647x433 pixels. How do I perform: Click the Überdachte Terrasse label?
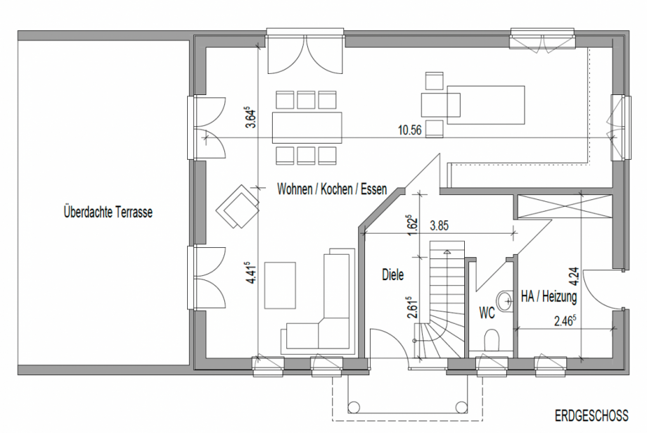tap(108, 212)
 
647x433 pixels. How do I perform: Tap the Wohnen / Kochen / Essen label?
tap(332, 189)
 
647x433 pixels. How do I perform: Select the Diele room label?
tap(392, 275)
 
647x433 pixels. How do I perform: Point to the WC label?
tap(487, 313)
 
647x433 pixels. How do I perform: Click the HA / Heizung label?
tap(549, 296)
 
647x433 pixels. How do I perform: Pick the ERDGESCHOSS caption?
tap(591, 415)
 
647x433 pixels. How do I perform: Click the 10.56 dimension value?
tap(410, 130)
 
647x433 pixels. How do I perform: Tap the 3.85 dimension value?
tap(439, 226)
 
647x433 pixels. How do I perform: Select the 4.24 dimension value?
tap(574, 277)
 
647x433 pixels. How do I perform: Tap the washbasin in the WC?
tap(504, 301)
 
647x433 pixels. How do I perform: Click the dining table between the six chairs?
tap(307, 127)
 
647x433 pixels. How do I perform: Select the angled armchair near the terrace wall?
tap(238, 206)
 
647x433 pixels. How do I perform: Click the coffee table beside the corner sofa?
tap(280, 285)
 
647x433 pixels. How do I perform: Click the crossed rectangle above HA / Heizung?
tap(564, 206)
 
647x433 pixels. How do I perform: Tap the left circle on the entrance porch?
tap(354, 408)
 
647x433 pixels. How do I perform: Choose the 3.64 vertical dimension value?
tap(251, 118)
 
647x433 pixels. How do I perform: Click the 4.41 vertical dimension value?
tap(251, 272)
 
